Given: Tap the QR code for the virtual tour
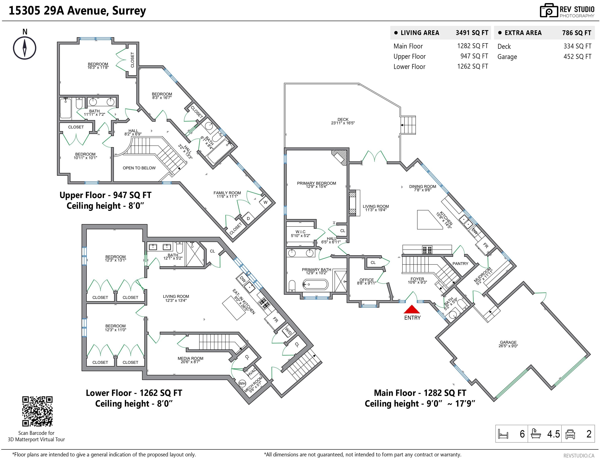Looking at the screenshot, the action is (x=37, y=411).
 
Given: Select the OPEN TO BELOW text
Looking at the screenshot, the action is (x=139, y=168).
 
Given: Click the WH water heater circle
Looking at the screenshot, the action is (x=242, y=383).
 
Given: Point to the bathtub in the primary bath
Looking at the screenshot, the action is (x=315, y=285).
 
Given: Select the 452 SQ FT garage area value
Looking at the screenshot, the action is (x=577, y=57).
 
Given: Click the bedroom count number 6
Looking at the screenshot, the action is (x=522, y=434).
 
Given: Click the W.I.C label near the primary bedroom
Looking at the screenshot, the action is (x=301, y=232).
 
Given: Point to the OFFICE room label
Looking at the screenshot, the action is (x=367, y=280).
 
